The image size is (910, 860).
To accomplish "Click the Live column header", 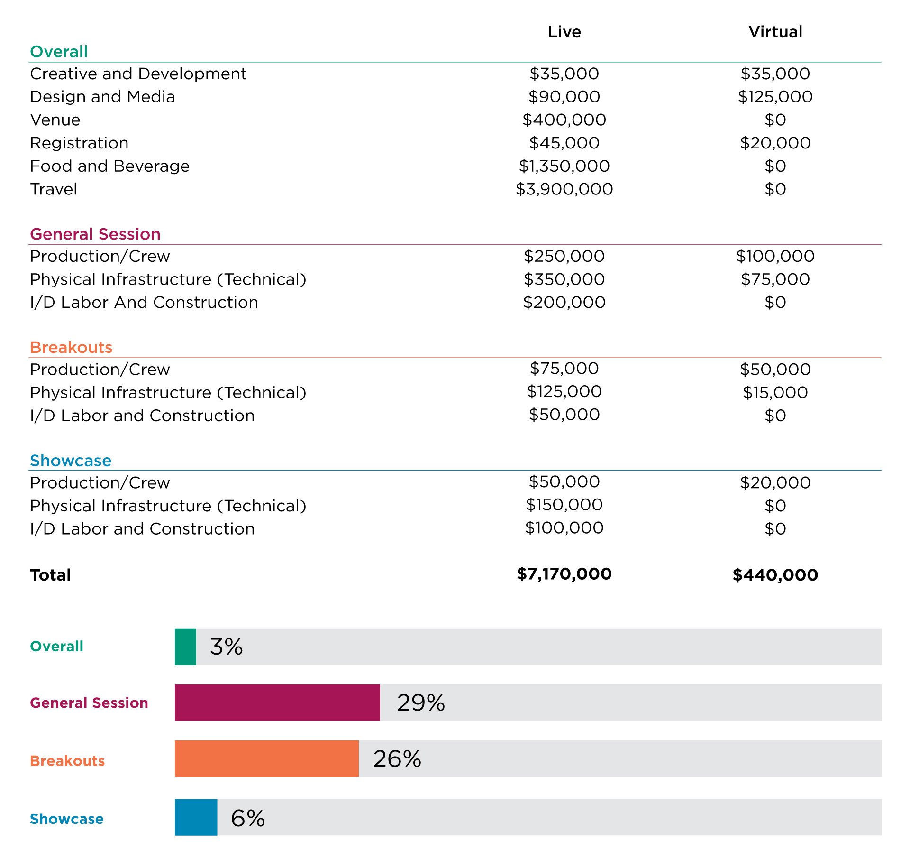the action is [564, 32].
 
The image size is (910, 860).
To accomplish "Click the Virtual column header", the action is [775, 32].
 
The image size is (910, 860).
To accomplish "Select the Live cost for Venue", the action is [564, 120].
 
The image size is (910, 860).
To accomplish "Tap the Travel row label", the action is [54, 189].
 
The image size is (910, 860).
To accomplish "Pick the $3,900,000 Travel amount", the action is [564, 189].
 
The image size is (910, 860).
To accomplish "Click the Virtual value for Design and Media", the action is [775, 97].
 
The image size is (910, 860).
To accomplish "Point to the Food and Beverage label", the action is [109, 166].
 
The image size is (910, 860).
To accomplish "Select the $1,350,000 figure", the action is [564, 166].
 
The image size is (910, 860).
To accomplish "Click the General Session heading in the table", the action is [95, 234].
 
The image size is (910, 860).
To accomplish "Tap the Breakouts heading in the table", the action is [71, 347].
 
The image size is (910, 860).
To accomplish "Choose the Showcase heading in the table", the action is [71, 461].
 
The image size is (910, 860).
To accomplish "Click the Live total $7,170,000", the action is [564, 574].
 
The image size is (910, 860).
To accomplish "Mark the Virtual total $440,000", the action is [775, 575].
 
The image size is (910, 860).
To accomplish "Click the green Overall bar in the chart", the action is [185, 647].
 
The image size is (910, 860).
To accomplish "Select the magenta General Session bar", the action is [277, 703].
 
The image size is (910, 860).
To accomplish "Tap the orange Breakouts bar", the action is [267, 758].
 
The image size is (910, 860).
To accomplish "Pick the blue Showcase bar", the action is [196, 817].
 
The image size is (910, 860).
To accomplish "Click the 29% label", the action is [421, 703].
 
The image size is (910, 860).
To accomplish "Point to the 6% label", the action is [248, 818].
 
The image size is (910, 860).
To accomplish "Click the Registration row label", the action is [79, 143].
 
